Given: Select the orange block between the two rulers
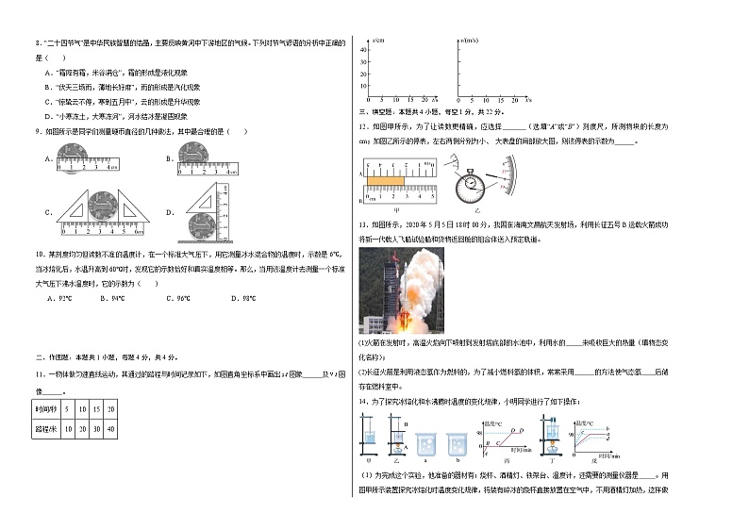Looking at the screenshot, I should point(386,180).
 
